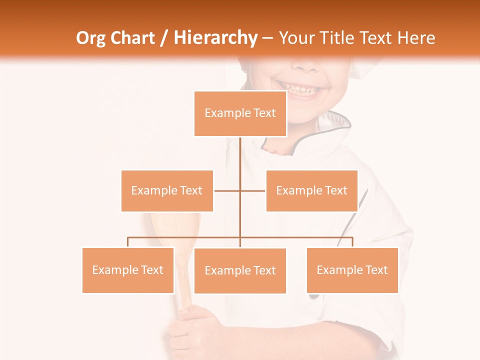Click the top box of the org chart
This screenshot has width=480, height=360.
tap(240, 113)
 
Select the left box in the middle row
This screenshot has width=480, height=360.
tap(167, 190)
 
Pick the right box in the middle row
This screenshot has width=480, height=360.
tap(311, 190)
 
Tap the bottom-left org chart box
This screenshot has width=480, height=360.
tap(128, 270)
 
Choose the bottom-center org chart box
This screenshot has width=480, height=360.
tap(240, 270)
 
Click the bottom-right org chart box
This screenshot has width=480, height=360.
tap(352, 270)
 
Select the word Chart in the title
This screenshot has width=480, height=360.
tap(134, 38)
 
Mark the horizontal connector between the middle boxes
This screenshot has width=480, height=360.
tap(228, 190)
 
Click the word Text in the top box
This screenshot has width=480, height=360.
tap(264, 113)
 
